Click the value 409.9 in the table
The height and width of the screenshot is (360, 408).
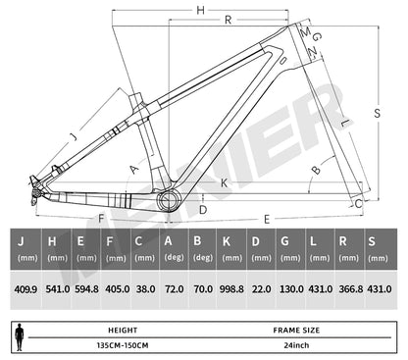click(x=27, y=291)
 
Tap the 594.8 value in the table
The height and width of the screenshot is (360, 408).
click(x=87, y=291)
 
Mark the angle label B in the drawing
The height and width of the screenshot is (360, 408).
click(x=315, y=170)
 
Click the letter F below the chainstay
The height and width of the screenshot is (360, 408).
click(x=100, y=219)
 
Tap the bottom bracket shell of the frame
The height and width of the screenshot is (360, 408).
click(x=168, y=201)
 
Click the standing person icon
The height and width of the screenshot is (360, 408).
click(x=20, y=336)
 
